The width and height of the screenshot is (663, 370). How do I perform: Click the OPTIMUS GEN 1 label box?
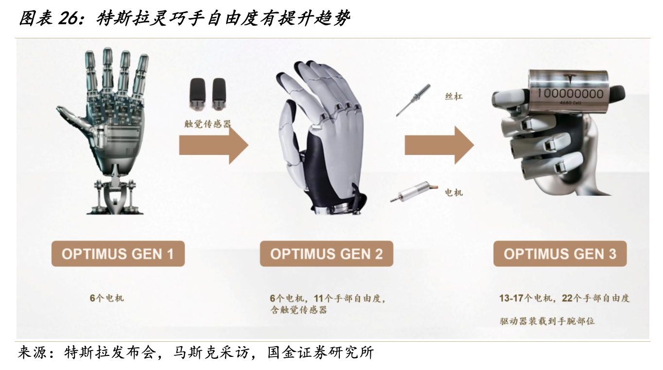coord(118,253)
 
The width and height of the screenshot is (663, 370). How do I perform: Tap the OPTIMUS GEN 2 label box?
coord(327,253)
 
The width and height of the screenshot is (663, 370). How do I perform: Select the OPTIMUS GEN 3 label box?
coord(560,253)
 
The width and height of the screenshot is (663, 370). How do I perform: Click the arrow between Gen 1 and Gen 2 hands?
coord(214,145)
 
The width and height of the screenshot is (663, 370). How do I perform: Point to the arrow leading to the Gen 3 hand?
coord(439,145)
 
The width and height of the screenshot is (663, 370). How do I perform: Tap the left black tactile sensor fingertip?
coord(197,94)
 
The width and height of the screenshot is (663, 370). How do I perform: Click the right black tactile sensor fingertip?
coord(219,94)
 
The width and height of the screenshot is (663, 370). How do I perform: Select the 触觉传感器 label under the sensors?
coord(208,124)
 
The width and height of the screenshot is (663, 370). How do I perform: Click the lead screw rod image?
coord(414,100)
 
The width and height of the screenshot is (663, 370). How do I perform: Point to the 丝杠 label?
coord(454,97)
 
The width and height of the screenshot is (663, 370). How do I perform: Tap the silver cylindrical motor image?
coord(414,192)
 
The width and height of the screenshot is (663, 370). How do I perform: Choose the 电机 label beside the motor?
coord(454,193)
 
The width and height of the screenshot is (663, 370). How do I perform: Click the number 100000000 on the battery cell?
coord(570,94)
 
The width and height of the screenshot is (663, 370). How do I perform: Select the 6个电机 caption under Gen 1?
coord(106,298)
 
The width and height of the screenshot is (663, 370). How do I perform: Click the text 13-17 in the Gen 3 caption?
coord(511,298)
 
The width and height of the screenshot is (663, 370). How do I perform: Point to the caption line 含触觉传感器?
coord(298,310)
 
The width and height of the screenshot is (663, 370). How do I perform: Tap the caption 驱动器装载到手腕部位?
coord(547,321)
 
